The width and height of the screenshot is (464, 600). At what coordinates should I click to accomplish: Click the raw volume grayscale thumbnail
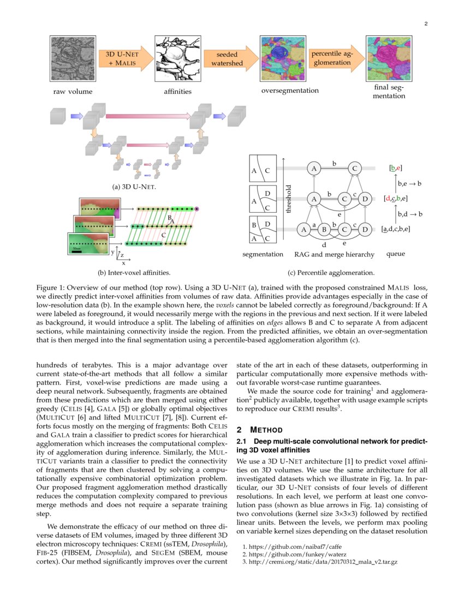tap(73, 59)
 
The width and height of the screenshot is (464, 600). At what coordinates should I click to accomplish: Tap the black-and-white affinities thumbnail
tap(177, 59)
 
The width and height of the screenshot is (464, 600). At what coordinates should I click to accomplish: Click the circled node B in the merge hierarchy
tap(324, 230)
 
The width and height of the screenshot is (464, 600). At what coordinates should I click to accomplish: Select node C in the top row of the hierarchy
tap(354, 169)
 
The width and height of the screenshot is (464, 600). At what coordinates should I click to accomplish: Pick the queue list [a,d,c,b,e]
tap(396, 230)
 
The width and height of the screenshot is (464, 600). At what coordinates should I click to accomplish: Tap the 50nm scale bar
tap(77, 251)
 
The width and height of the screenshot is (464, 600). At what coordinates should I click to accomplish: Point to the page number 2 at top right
tap(425, 23)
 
